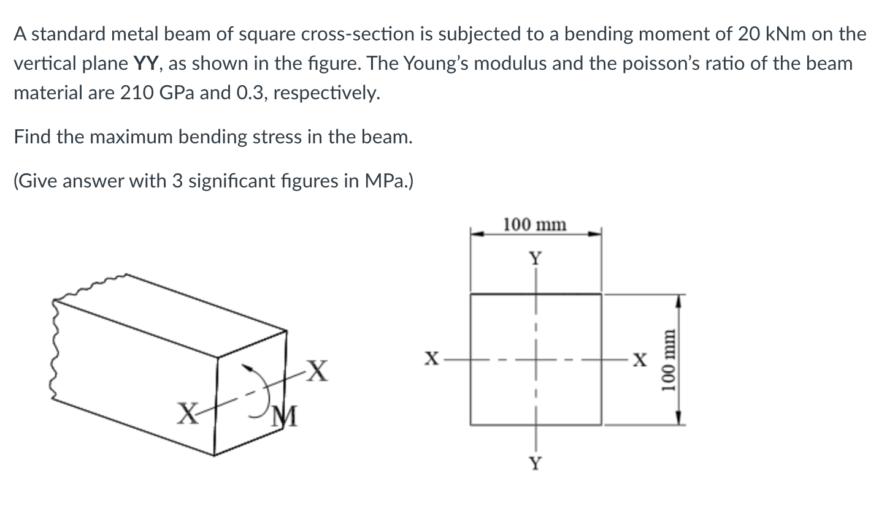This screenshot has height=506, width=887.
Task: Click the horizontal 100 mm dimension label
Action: coord(535,225)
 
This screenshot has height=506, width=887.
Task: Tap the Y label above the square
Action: coord(536,259)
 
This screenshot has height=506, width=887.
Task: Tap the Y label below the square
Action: coord(536,464)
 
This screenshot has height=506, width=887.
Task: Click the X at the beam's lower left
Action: coord(186,417)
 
